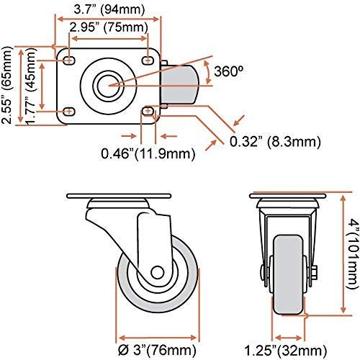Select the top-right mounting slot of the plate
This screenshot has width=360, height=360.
pyautogui.click(x=147, y=55)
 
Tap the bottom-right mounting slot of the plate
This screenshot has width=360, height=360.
pyautogui.click(x=148, y=111)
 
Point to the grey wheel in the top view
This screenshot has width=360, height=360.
pyautogui.click(x=184, y=84)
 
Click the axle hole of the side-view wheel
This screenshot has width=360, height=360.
pyautogui.click(x=157, y=272)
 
